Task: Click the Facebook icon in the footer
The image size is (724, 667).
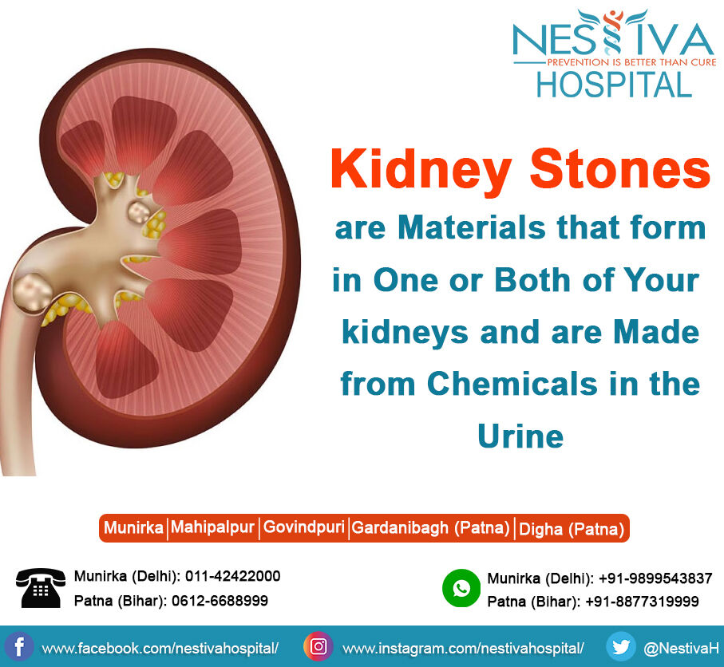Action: pyautogui.click(x=19, y=647)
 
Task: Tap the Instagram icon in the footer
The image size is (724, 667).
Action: pyautogui.click(x=318, y=646)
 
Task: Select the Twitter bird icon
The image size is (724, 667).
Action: pyautogui.click(x=620, y=646)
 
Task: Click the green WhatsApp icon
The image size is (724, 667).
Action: pyautogui.click(x=461, y=588)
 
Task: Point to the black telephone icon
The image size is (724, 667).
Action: pyautogui.click(x=41, y=587)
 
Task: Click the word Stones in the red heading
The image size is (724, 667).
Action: pyautogui.click(x=619, y=169)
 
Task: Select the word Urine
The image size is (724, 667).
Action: pyautogui.click(x=520, y=436)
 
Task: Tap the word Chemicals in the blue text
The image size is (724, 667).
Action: pyautogui.click(x=512, y=383)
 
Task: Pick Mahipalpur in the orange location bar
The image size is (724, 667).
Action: pyautogui.click(x=212, y=527)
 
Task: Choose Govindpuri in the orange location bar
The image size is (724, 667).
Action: pyautogui.click(x=304, y=527)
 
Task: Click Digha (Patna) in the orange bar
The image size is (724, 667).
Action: pyautogui.click(x=572, y=529)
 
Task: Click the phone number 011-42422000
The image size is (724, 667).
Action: pyautogui.click(x=233, y=576)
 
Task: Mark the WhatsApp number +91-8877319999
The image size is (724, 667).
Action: pyautogui.click(x=642, y=602)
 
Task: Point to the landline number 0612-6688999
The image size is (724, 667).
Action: pyautogui.click(x=220, y=601)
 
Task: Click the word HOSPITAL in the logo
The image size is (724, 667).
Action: pyautogui.click(x=614, y=85)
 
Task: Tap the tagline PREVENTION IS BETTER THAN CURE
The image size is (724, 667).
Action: pyautogui.click(x=631, y=62)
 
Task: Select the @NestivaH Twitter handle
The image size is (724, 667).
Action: pyautogui.click(x=681, y=648)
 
